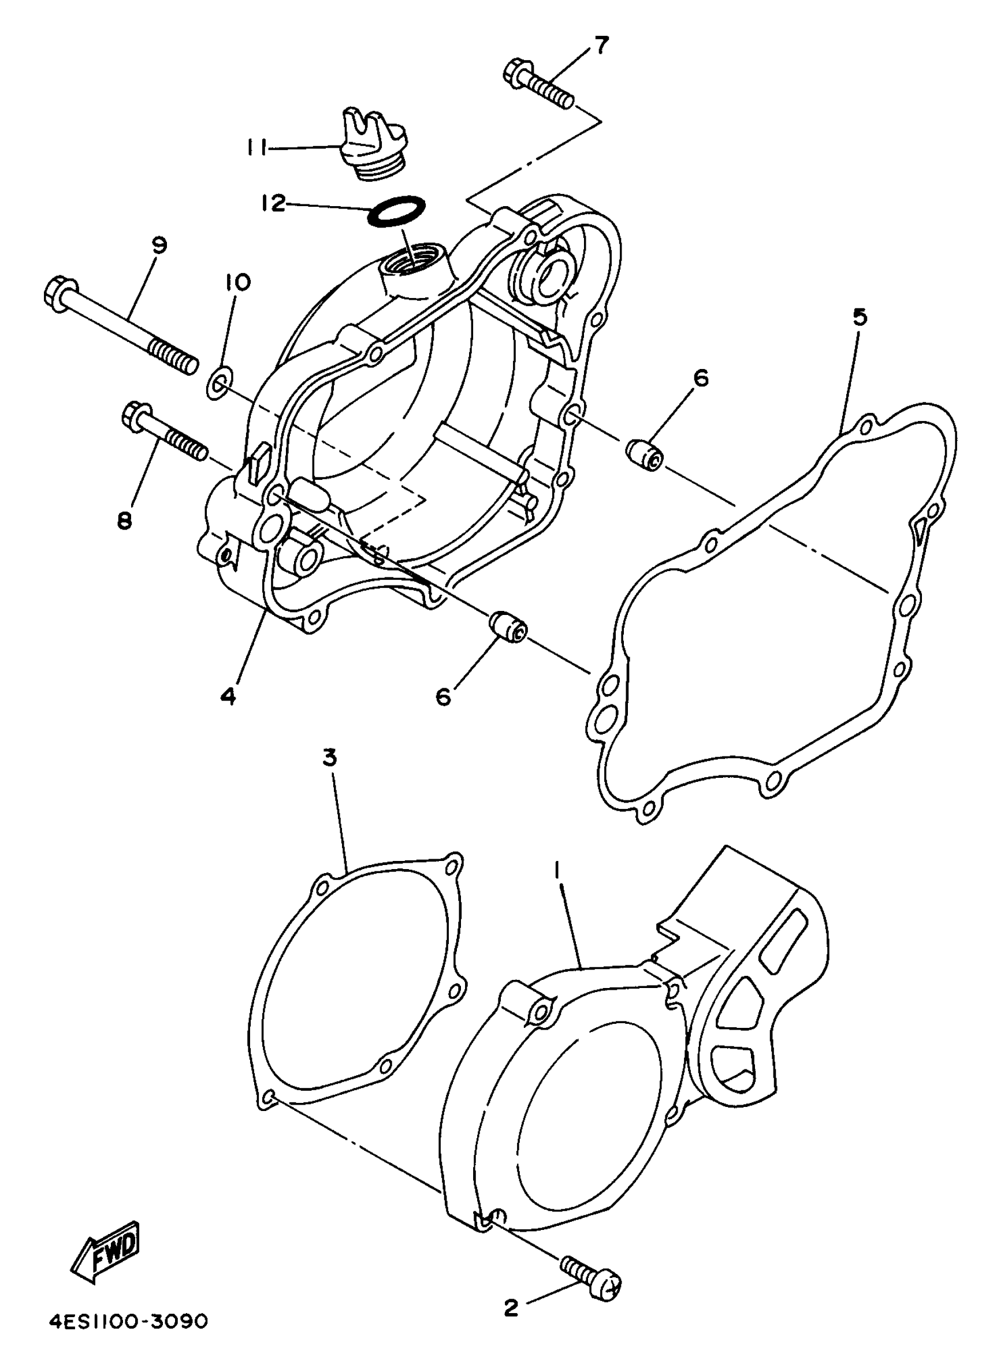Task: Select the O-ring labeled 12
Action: coord(397,211)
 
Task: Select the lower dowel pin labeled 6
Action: coord(508,628)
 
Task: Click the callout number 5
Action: coord(859,318)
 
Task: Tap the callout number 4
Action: coord(228,696)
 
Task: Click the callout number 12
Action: coord(273,203)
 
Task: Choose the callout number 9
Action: coord(159,245)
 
